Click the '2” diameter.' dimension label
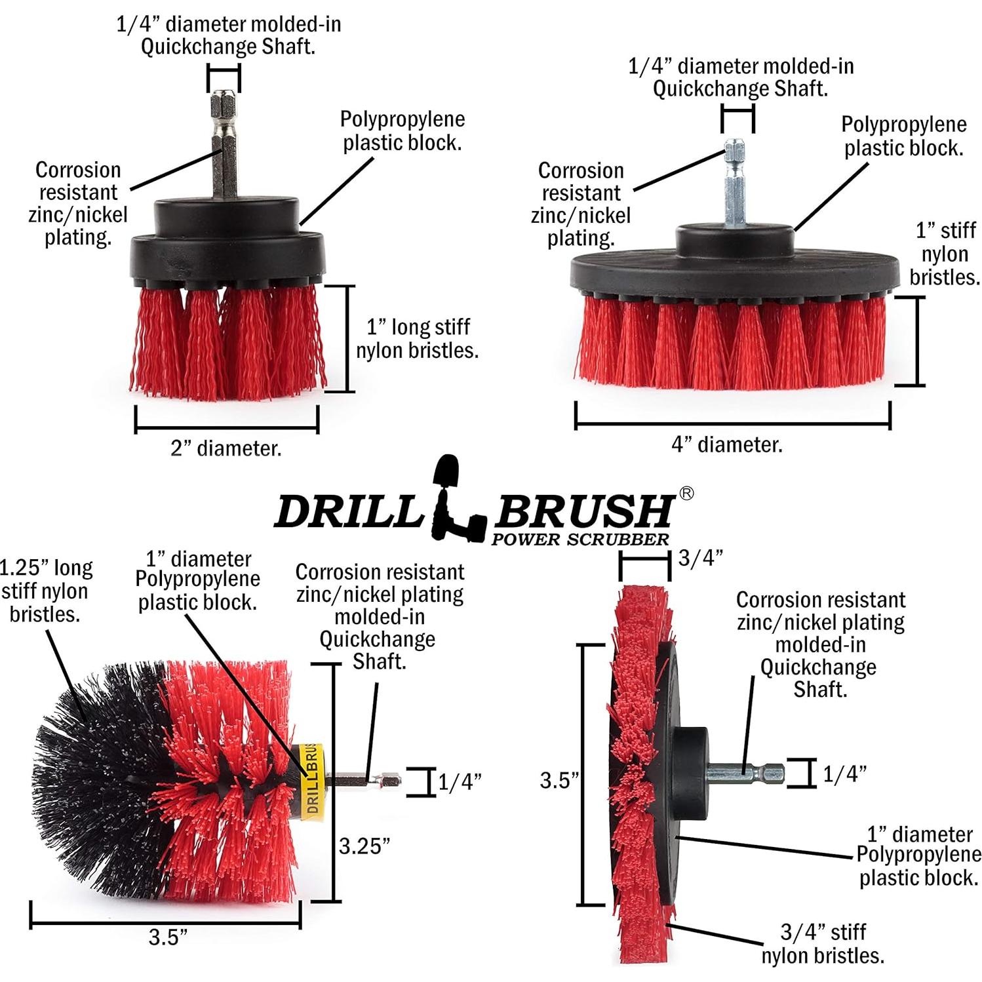tap(226, 448)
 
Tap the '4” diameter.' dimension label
tap(727, 444)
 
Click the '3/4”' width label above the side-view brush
tap(701, 558)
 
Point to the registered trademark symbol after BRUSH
tap(686, 494)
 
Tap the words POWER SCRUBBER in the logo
tap(580, 540)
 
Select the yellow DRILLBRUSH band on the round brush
tap(310, 779)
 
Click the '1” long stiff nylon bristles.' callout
tap(417, 338)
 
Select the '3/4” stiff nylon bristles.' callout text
tap(823, 943)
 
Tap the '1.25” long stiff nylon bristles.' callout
tap(46, 591)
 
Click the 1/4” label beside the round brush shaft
tap(460, 782)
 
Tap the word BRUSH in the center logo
tap(583, 511)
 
